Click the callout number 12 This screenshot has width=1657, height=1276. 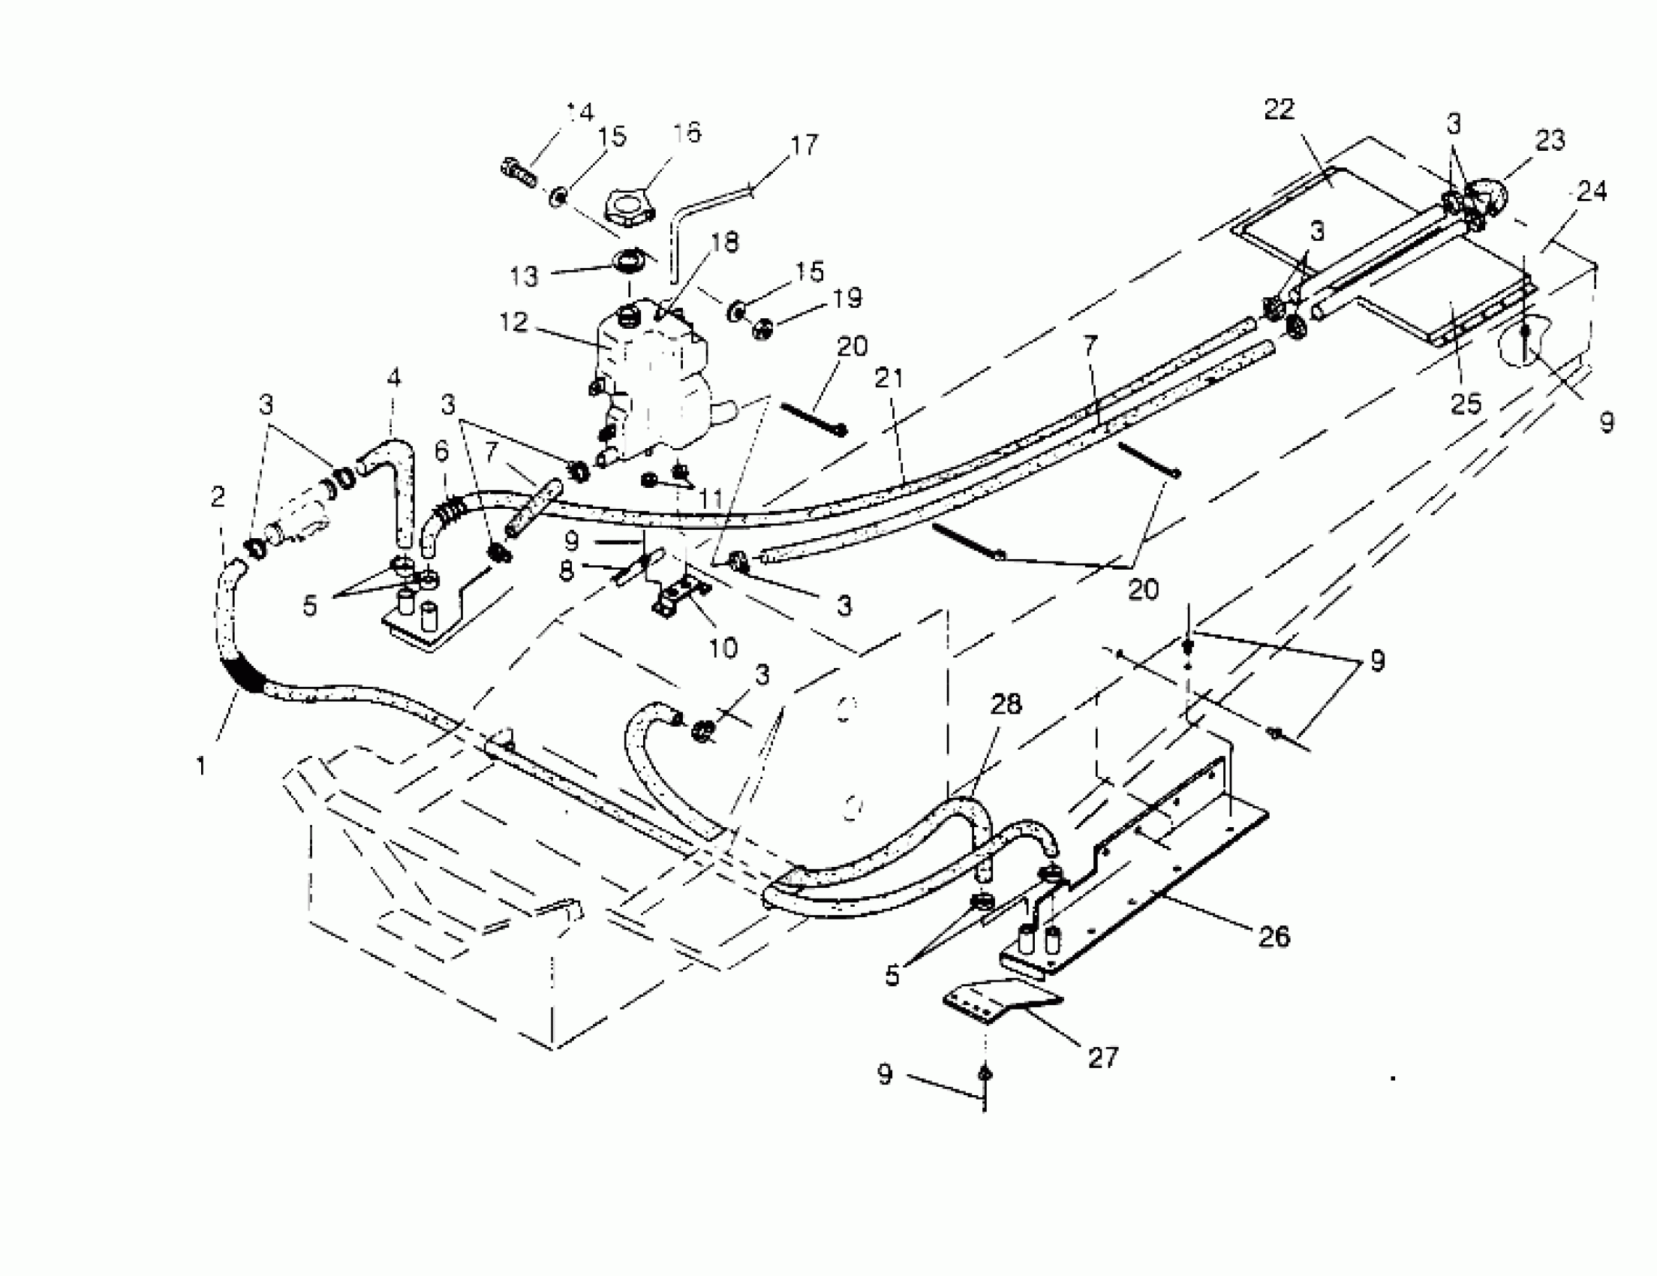click(513, 323)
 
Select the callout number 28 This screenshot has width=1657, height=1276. click(1006, 705)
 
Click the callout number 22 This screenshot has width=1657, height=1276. click(1280, 111)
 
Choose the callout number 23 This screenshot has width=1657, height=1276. click(1549, 141)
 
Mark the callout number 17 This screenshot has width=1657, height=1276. click(804, 144)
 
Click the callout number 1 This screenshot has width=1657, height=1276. click(201, 767)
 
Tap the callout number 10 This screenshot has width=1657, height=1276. click(723, 647)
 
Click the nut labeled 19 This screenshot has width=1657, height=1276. click(762, 331)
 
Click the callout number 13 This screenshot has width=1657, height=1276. click(524, 276)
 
